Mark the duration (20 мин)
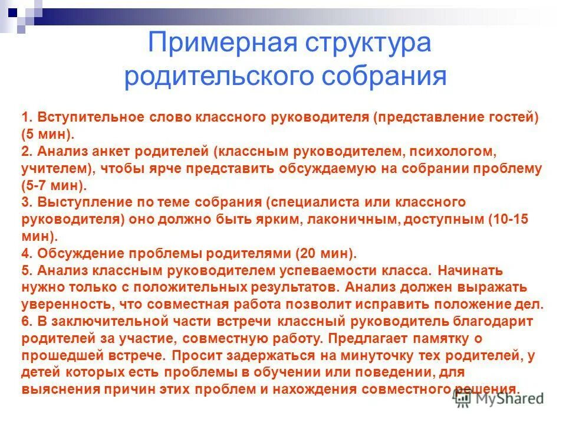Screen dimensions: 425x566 [x=325, y=253]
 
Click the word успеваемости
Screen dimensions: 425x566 [x=335, y=270]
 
